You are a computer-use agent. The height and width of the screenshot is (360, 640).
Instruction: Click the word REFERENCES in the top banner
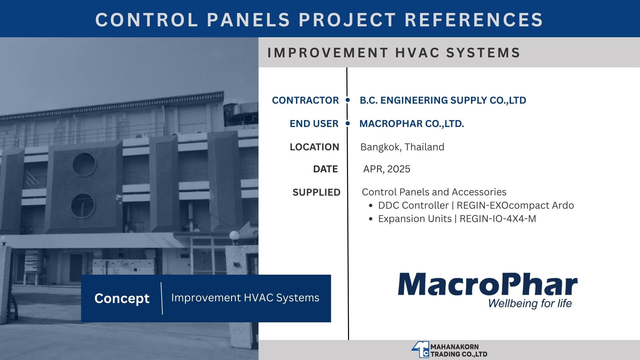click(x=474, y=20)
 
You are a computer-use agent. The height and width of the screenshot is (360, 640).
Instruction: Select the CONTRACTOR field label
click(x=305, y=100)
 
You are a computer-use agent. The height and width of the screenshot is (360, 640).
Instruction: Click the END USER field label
click(x=314, y=124)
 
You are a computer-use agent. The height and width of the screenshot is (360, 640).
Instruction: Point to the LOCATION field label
click(x=314, y=147)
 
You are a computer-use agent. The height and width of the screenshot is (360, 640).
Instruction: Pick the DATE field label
click(x=325, y=169)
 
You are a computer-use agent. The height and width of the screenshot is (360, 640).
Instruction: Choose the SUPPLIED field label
click(x=316, y=192)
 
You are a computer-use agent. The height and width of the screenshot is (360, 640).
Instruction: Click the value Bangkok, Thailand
click(x=402, y=147)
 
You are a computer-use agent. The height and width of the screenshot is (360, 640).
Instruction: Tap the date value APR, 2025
click(x=387, y=169)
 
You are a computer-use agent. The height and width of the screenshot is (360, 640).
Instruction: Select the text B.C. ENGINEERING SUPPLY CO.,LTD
click(x=443, y=100)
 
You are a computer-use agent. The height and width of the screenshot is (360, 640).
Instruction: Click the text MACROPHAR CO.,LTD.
click(x=412, y=124)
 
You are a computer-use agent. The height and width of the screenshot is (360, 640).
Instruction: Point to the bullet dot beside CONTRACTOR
click(x=348, y=100)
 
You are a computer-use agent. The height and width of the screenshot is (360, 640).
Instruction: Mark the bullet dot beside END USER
click(x=348, y=123)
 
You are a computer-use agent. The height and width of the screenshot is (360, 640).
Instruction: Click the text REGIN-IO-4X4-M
click(x=498, y=219)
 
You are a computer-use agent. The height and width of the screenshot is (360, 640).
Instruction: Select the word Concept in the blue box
click(x=122, y=298)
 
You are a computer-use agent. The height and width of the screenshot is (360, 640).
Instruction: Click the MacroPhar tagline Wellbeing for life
click(x=530, y=303)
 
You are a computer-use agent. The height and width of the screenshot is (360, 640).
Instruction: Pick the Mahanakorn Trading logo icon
click(x=420, y=350)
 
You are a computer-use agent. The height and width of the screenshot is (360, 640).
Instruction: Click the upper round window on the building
click(x=84, y=165)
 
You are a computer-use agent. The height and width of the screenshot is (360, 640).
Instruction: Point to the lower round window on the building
click(x=83, y=206)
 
